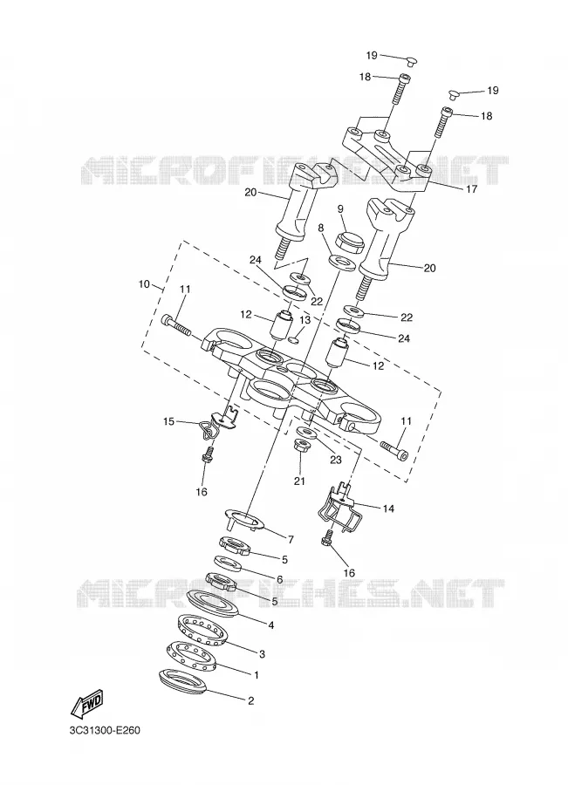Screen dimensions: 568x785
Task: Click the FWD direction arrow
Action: [87, 704]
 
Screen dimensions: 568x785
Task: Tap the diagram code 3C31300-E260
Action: [106, 730]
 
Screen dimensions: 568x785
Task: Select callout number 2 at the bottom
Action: [251, 701]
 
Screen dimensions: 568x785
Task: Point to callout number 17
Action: [471, 189]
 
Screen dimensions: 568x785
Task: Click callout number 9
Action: [340, 208]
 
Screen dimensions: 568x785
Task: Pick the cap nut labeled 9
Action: [349, 241]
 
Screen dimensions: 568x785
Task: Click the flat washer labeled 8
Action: [342, 262]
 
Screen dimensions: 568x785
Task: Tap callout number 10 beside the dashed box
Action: [144, 284]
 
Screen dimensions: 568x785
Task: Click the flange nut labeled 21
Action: [302, 446]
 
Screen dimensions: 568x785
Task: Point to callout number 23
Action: [335, 459]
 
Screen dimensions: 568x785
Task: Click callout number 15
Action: [168, 421]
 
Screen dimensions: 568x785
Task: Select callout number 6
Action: [279, 579]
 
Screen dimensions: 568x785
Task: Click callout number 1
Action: [257, 675]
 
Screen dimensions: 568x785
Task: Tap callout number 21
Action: [299, 481]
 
